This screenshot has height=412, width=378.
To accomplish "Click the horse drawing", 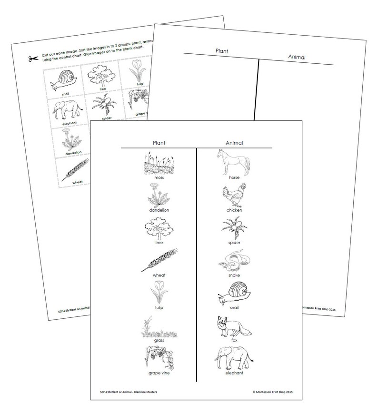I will click(x=233, y=161).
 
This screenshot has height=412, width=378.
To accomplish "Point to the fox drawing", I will click(x=233, y=326).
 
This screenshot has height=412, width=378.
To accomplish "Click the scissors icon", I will click(x=33, y=59).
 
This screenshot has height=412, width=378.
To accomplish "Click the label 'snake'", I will click(x=234, y=275).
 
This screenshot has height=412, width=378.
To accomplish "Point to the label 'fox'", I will click(x=234, y=341).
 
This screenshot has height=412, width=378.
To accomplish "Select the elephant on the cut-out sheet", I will click(x=68, y=110).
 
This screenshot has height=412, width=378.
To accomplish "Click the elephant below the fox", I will click(x=233, y=357).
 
